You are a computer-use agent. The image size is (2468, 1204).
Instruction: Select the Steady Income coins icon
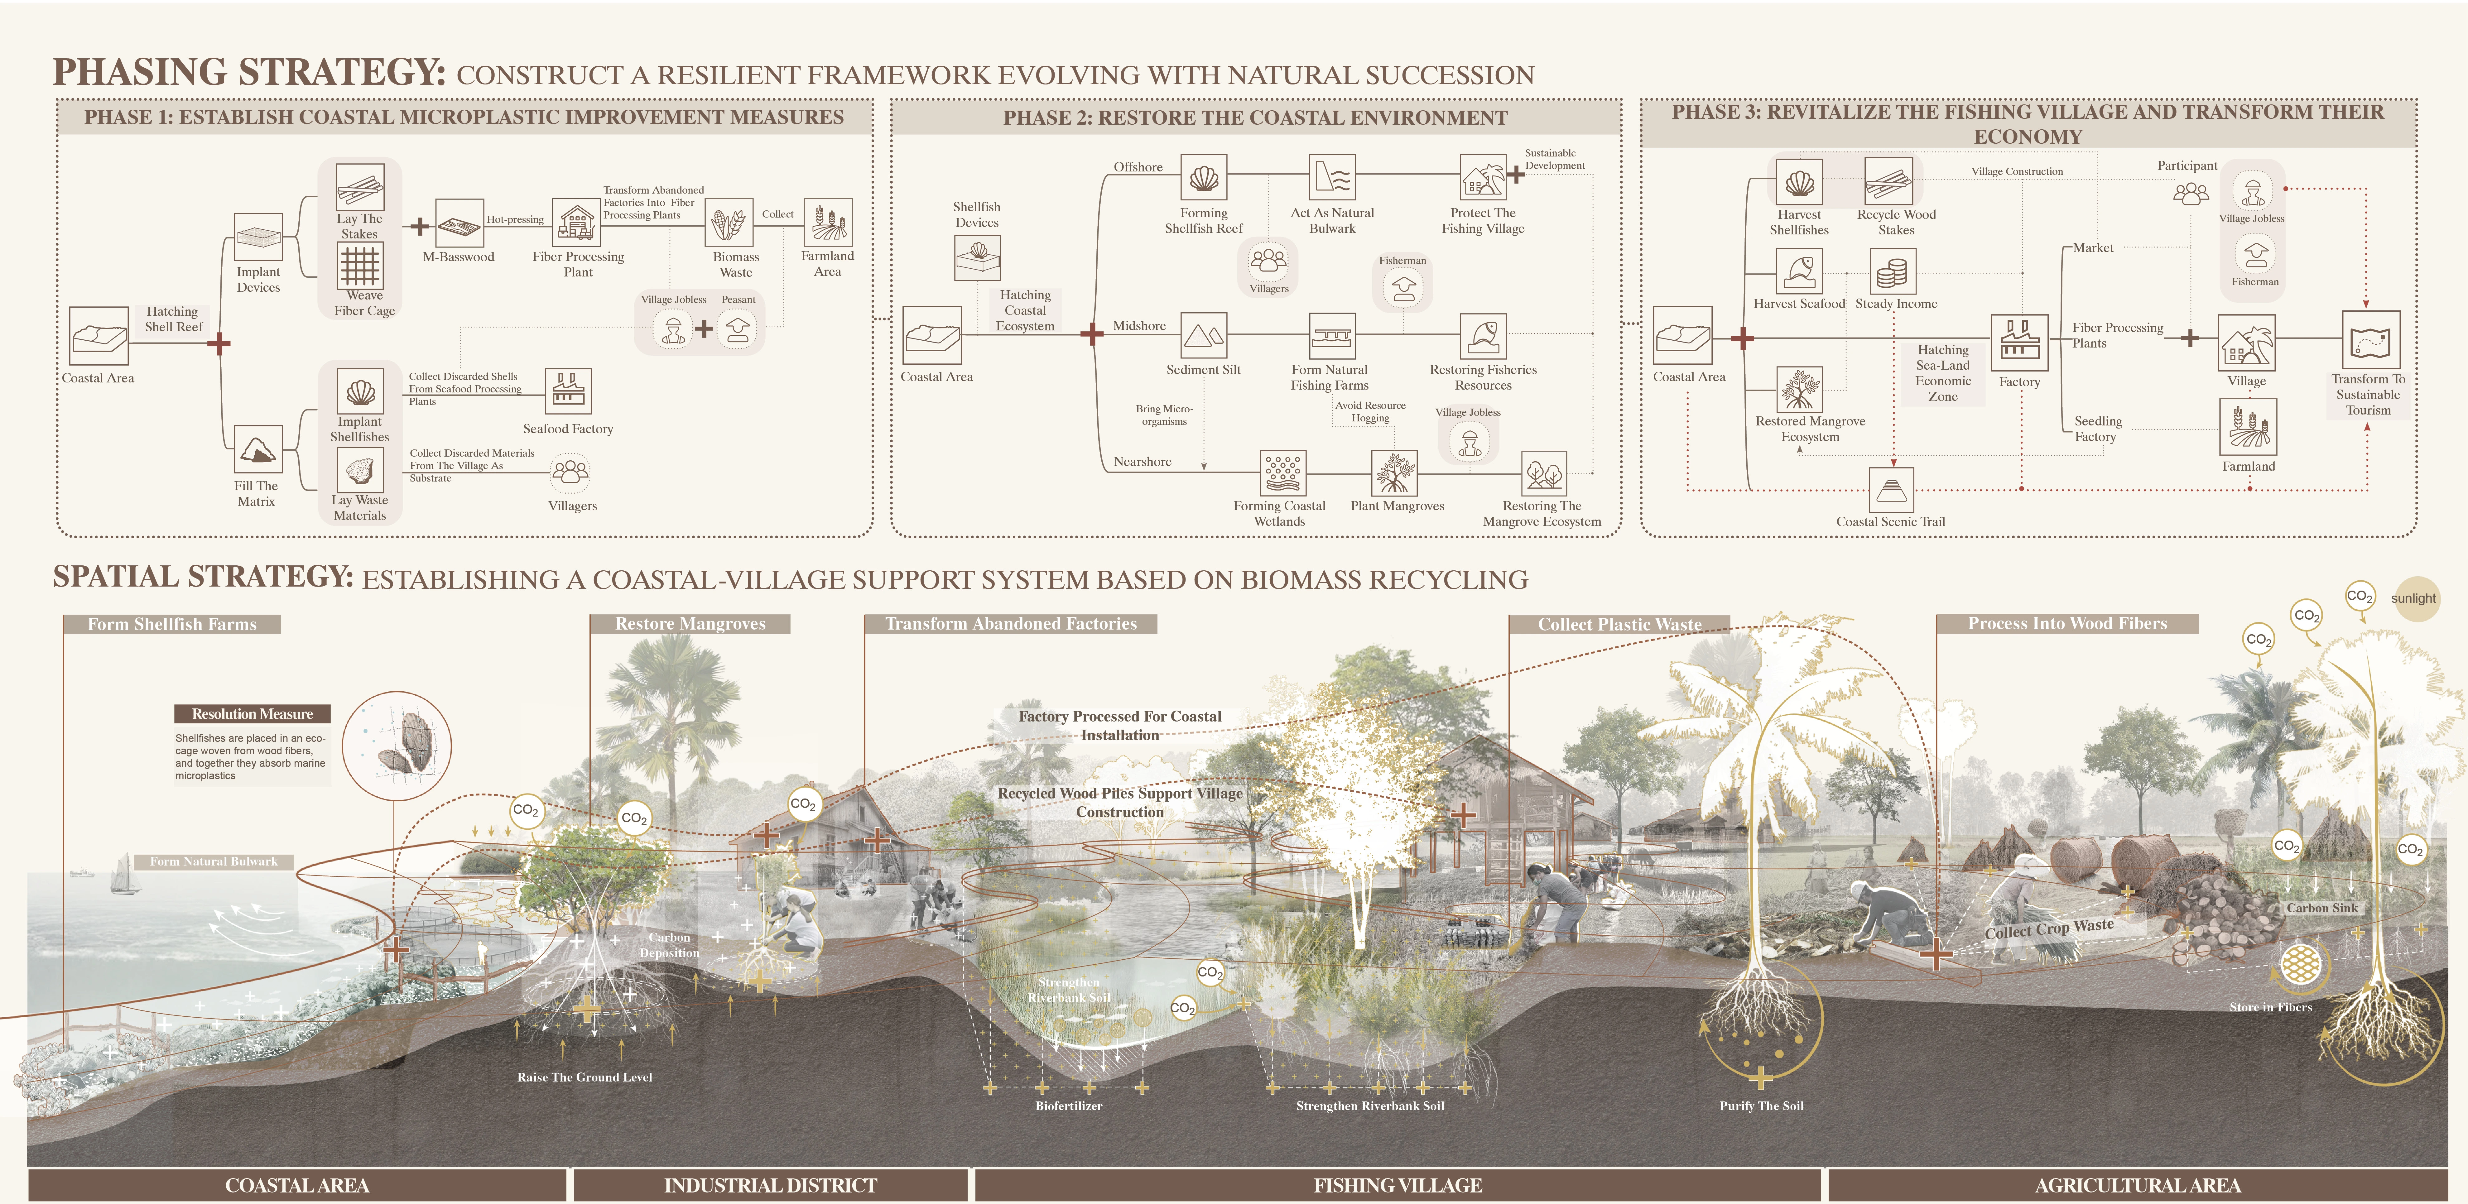[x=1892, y=272]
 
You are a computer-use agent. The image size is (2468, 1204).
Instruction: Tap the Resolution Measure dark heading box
[x=252, y=714]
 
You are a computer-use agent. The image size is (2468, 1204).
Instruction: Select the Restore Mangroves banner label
[x=690, y=624]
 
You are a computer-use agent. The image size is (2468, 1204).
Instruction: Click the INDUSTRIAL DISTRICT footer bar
[x=770, y=1185]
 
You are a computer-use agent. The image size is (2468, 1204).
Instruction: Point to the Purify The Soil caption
[x=1761, y=1105]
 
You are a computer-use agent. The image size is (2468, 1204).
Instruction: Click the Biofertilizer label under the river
[x=1068, y=1105]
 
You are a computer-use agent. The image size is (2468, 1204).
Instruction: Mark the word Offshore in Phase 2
[x=1138, y=167]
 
